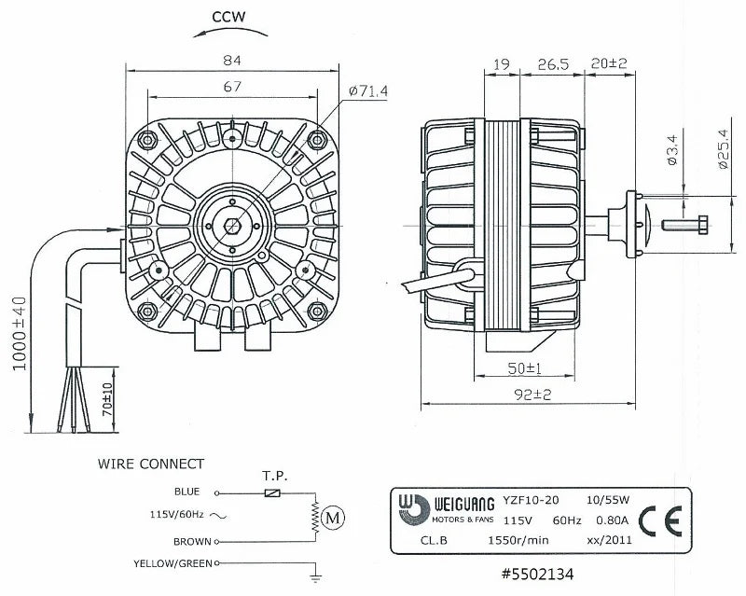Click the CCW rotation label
coord(228,16)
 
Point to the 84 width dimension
coord(232,61)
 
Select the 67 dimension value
coord(232,87)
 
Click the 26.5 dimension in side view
coord(553,64)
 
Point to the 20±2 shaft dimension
coord(608,64)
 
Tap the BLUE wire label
coord(186,492)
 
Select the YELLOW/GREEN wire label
coord(173,563)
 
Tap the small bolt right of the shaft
coord(686,224)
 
